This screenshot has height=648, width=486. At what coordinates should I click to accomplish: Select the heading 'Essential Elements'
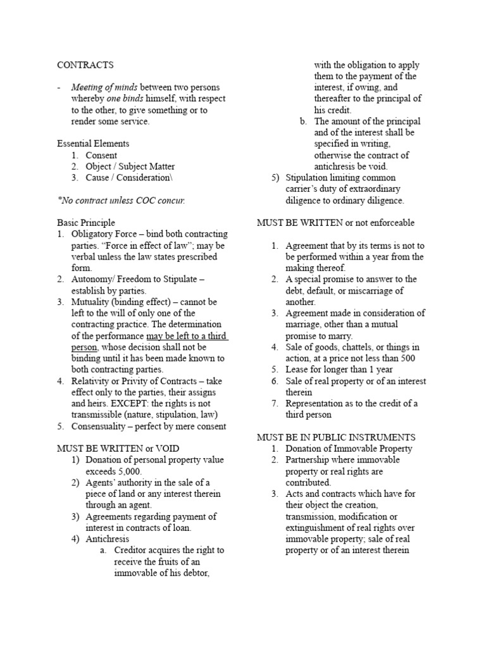tap(93, 144)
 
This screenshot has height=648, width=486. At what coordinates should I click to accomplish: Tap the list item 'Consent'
tap(101, 155)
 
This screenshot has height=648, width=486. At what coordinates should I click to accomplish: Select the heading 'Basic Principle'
tap(86, 223)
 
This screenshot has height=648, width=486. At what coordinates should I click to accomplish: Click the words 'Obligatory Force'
tap(101, 234)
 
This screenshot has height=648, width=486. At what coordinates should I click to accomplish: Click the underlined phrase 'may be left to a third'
tap(187, 336)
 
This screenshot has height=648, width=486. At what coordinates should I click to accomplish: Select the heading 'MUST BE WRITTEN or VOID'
tap(111, 449)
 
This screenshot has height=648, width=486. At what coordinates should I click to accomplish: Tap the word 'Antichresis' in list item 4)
tap(107, 539)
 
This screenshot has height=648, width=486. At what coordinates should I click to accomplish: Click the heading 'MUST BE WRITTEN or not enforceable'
tap(335, 223)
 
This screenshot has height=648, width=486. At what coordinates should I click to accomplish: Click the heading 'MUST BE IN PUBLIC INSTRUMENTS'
tap(335, 437)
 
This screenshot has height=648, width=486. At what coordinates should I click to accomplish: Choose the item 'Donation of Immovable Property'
tap(349, 449)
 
